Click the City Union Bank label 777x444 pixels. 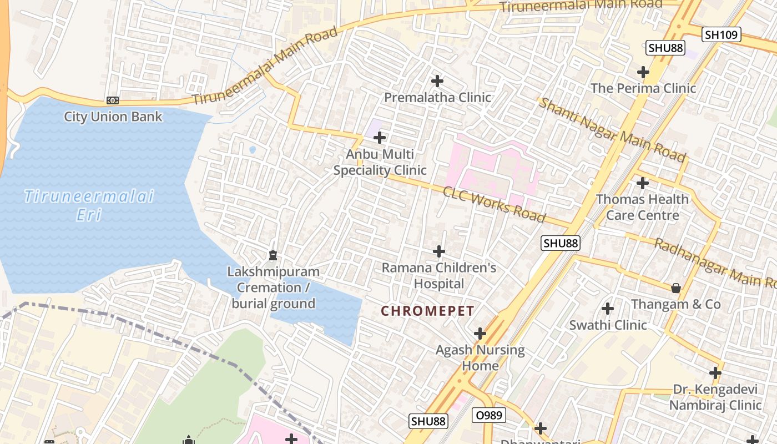click(113, 117)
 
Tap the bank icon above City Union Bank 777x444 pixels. click(113, 100)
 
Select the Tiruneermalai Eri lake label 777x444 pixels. click(89, 205)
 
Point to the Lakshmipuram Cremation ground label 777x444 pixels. click(273, 287)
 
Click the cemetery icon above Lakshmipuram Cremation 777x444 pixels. click(273, 255)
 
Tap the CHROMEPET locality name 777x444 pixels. click(427, 311)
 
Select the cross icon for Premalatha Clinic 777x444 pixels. click(437, 81)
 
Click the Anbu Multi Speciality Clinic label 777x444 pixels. click(380, 162)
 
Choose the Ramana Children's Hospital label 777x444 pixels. click(439, 276)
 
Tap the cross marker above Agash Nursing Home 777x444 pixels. click(480, 334)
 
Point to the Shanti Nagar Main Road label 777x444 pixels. click(613, 130)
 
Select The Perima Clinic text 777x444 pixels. click(643, 88)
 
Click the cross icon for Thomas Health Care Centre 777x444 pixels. click(643, 183)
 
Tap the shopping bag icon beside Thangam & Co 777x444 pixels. click(676, 287)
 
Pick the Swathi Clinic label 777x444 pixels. click(608, 325)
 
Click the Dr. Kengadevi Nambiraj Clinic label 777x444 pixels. click(715, 397)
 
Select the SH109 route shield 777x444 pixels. click(722, 34)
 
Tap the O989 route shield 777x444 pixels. click(489, 415)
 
